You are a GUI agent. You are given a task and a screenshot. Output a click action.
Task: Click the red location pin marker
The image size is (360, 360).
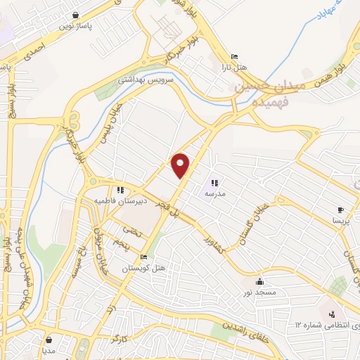point(181,165)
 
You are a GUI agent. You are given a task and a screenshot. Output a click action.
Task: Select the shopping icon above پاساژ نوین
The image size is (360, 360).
point(76,13)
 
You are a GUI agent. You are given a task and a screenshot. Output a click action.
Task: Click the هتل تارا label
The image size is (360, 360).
point(234,67)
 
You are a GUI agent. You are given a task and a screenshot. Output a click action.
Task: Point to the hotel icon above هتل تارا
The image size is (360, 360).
point(234,57)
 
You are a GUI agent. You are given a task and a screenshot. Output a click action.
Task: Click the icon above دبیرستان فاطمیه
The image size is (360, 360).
point(120,190)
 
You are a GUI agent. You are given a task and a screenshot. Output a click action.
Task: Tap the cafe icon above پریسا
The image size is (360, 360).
point(340,210)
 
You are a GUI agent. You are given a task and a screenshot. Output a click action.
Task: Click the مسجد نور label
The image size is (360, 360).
point(260,292)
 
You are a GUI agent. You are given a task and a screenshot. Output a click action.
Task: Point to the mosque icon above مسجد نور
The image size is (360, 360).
point(259,281)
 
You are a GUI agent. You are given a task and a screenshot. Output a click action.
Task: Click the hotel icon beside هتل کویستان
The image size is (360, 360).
point(144,257)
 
